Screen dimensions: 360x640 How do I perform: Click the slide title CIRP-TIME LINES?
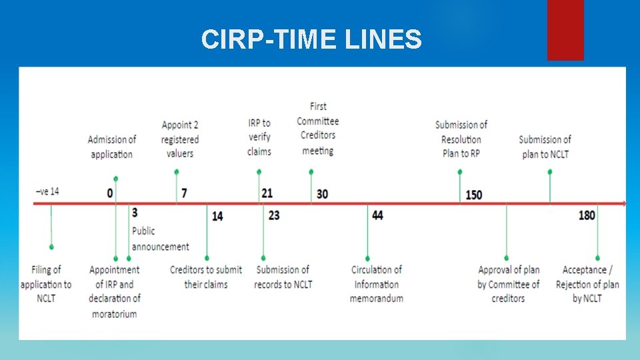[311, 40]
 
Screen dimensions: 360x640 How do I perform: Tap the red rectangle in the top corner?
[565, 29]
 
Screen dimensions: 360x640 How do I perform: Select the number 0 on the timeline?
[109, 193]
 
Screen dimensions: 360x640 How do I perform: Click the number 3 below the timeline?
[135, 213]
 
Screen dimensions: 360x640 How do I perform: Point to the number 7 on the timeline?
[184, 193]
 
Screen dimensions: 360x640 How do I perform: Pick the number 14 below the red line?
[218, 216]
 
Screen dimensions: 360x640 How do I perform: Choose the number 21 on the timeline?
[267, 193]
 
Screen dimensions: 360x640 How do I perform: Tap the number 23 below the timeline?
[275, 215]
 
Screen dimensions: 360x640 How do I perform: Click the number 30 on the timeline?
[322, 194]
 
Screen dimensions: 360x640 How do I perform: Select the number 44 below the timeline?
[377, 215]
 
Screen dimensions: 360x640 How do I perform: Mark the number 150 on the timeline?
[473, 195]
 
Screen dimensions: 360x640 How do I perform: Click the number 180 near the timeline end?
[587, 215]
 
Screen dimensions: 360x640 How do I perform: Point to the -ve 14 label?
[47, 191]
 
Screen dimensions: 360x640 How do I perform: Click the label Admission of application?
[111, 147]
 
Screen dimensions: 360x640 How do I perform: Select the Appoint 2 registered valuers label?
[180, 139]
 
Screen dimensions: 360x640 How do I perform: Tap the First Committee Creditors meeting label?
[318, 128]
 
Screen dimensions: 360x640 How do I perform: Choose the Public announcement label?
[160, 239]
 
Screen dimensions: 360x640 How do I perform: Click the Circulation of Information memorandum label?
[377, 284]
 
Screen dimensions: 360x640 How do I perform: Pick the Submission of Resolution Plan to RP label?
[461, 139]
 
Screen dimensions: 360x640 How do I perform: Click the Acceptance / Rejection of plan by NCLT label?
[587, 284]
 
